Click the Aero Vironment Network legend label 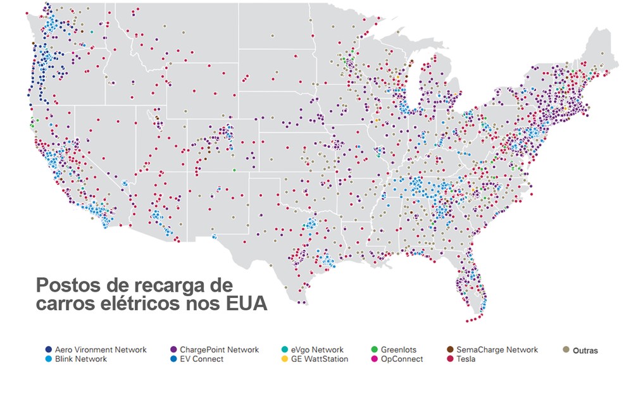pyautogui.click(x=101, y=350)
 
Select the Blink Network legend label pyautogui.click(x=80, y=359)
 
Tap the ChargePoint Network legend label pyautogui.click(x=219, y=350)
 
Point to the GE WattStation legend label pyautogui.click(x=320, y=359)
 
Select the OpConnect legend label pyautogui.click(x=401, y=359)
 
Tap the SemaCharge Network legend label pyautogui.click(x=497, y=350)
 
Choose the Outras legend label pyautogui.click(x=585, y=351)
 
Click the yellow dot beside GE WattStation pyautogui.click(x=284, y=359)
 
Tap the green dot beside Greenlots pyautogui.click(x=374, y=350)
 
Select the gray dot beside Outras pyautogui.click(x=566, y=350)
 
